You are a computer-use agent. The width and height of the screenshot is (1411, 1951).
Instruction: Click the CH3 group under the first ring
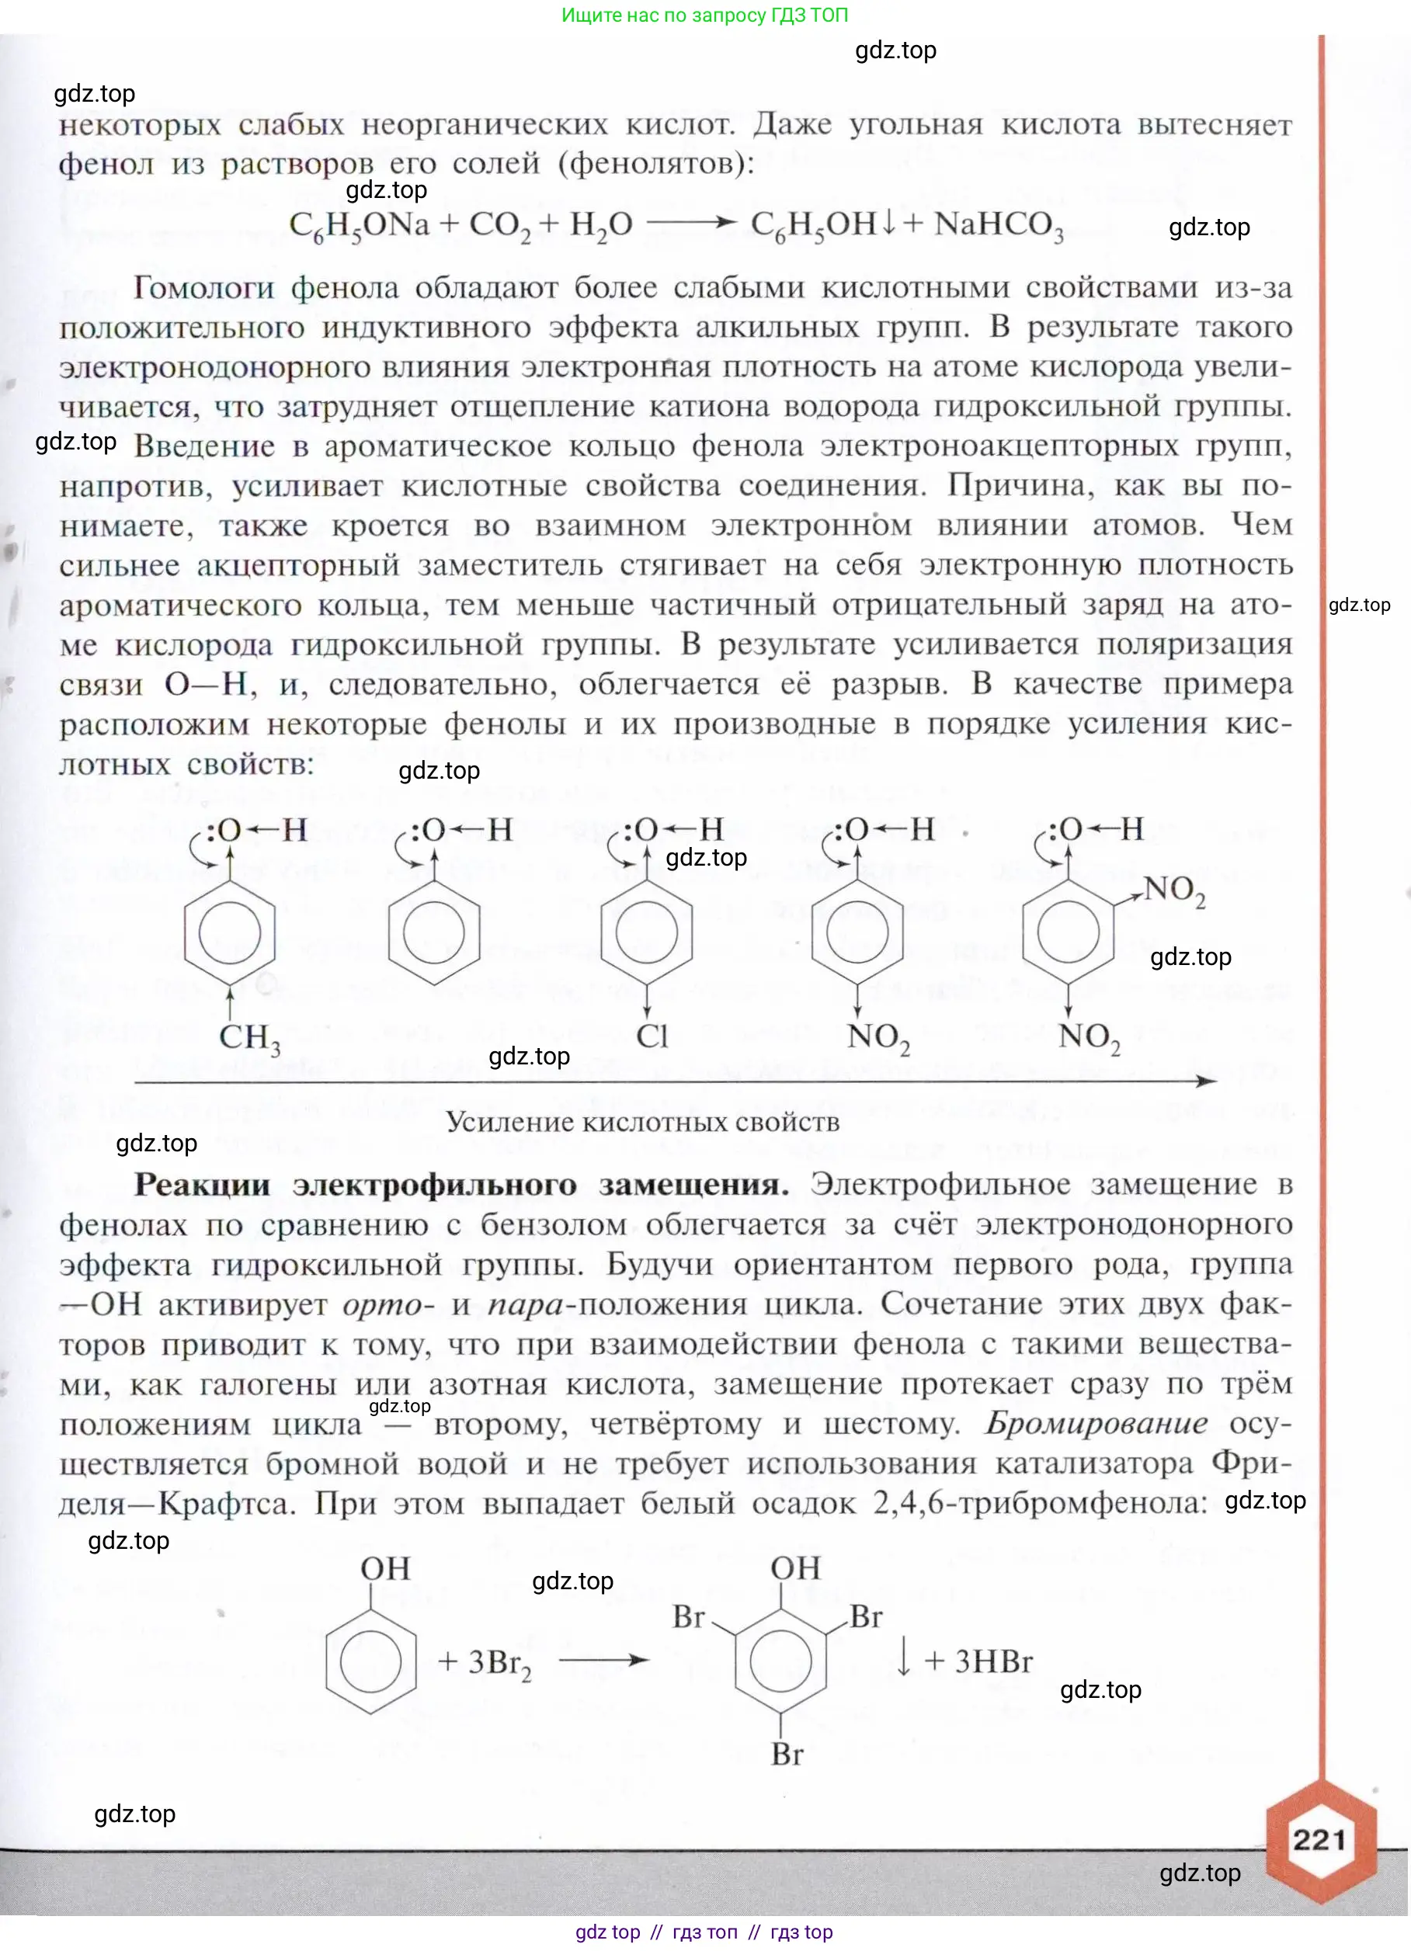[248, 1036]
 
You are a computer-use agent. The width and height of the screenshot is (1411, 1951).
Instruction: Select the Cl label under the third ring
[652, 1035]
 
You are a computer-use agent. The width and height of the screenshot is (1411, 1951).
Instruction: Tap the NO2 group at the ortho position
[1174, 890]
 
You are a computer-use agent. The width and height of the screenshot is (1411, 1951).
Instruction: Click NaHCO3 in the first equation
[998, 225]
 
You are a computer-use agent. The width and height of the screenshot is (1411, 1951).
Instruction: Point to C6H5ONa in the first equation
[359, 225]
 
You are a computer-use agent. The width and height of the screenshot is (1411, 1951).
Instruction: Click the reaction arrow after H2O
[690, 223]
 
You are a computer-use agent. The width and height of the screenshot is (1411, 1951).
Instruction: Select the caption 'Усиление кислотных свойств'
[642, 1122]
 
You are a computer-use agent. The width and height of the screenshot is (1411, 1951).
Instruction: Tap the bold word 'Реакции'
[201, 1185]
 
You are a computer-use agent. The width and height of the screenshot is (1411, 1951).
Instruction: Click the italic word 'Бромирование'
[1095, 1423]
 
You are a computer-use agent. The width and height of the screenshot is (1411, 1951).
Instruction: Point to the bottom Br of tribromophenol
[787, 1753]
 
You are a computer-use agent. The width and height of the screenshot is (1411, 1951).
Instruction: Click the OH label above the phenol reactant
[384, 1568]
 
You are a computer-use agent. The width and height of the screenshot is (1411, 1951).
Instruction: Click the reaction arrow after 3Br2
[603, 1659]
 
